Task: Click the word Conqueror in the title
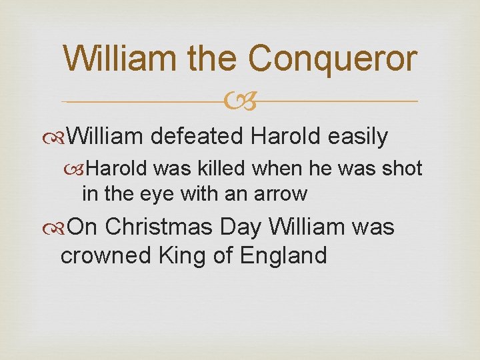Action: coord(333,59)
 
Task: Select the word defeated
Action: coord(197,137)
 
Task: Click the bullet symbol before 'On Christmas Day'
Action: coord(63,228)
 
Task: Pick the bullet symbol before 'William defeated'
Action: coord(63,137)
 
